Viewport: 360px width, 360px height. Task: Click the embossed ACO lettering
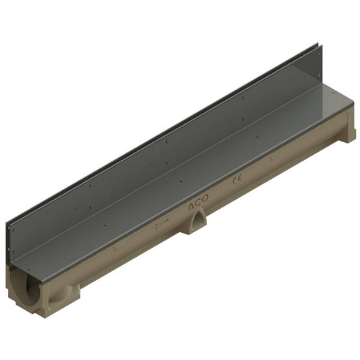(x=199, y=206)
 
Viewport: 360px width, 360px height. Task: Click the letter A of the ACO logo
(x=191, y=210)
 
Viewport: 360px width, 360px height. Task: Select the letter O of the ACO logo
(x=205, y=203)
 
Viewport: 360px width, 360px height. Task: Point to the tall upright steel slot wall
(x=150, y=156)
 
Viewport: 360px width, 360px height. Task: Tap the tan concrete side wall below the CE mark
(x=240, y=195)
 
